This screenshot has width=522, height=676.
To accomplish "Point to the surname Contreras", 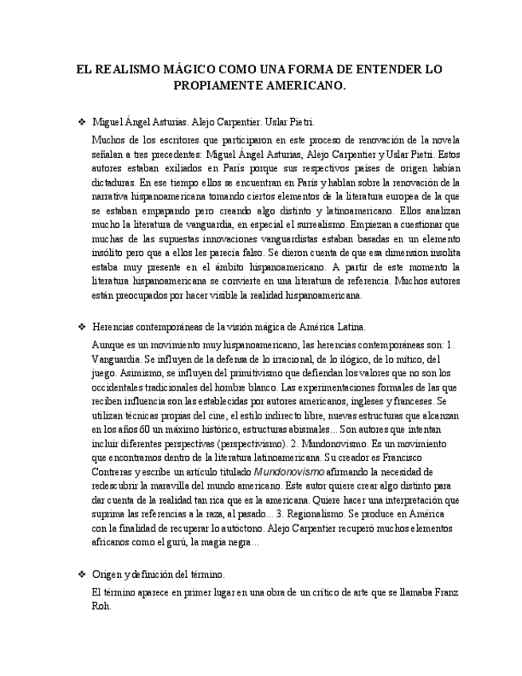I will tap(115, 472).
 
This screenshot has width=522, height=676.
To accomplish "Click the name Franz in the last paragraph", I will tap(423, 593).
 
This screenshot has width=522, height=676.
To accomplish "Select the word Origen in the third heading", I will tap(109, 575).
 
